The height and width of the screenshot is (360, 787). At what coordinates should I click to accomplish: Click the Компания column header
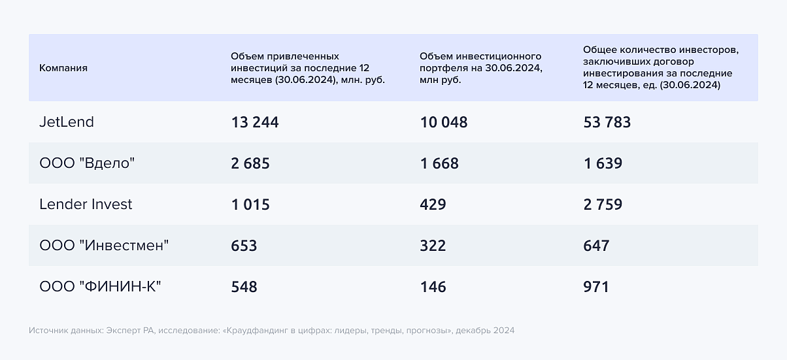63,68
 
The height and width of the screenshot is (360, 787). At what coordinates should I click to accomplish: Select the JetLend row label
67,122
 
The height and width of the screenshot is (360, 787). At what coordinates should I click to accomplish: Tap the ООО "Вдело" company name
87,163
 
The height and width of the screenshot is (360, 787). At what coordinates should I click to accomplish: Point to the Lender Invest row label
86,205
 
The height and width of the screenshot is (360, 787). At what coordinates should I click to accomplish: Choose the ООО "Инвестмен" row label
104,246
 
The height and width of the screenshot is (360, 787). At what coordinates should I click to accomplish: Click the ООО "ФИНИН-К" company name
100,287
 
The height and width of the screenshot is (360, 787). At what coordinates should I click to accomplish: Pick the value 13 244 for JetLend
255,122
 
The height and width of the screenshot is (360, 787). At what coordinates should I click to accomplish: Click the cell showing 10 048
444,122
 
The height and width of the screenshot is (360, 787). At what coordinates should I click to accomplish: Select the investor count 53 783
607,122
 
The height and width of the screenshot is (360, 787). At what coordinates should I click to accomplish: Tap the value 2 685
250,163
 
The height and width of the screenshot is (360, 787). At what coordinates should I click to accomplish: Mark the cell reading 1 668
439,163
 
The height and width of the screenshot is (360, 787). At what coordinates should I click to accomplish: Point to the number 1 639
603,163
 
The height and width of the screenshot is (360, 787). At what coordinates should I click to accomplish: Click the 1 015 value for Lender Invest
250,205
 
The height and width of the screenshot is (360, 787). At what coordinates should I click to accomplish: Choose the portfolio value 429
433,205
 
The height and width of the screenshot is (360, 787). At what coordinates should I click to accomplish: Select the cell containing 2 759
603,205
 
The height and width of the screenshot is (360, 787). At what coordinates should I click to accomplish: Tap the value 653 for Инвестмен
244,246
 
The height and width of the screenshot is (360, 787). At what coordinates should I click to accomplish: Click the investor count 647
596,246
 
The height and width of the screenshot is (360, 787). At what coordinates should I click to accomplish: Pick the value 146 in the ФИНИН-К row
433,287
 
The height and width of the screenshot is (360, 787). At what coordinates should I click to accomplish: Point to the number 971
596,287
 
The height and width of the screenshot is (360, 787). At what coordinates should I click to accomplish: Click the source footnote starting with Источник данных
271,331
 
